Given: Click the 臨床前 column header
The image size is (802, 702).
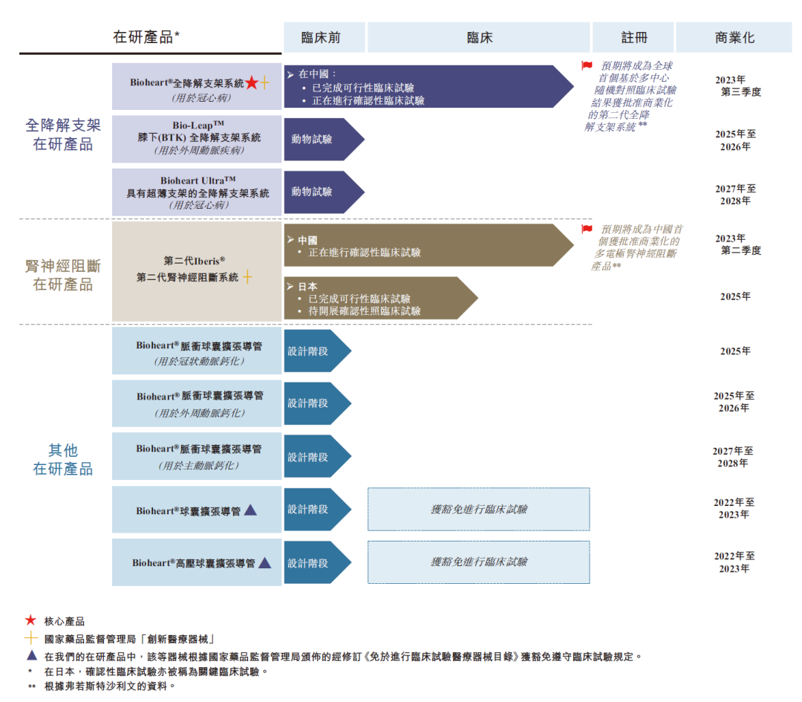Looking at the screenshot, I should coord(322,38).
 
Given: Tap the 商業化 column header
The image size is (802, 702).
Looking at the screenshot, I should coord(734,38).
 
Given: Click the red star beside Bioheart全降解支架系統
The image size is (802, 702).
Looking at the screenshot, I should coord(252,83).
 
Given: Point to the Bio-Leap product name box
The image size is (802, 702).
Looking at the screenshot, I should coord(197,138).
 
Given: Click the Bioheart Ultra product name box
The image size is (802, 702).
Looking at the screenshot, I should coord(197,192).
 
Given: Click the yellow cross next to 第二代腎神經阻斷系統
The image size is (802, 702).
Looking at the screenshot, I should coord(247,277).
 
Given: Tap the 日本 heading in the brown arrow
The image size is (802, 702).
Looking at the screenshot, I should coord(307,286).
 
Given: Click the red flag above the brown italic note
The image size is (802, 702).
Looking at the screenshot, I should coord(587,230).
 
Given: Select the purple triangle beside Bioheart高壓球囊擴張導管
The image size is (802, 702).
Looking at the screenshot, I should coord(264,563).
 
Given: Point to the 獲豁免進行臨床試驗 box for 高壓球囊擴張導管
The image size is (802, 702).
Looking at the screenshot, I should coord(479,562).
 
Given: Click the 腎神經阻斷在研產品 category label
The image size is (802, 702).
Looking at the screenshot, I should coord(63,275).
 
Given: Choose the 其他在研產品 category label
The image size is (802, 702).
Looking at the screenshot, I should coord(63,459).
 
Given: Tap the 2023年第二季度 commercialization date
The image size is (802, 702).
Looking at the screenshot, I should coord(736,244).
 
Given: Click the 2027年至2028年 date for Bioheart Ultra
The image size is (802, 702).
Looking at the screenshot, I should coord(734,195).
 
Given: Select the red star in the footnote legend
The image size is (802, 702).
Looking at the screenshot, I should coord(30,620).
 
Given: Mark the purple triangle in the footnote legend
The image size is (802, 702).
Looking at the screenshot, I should coord(31,655).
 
